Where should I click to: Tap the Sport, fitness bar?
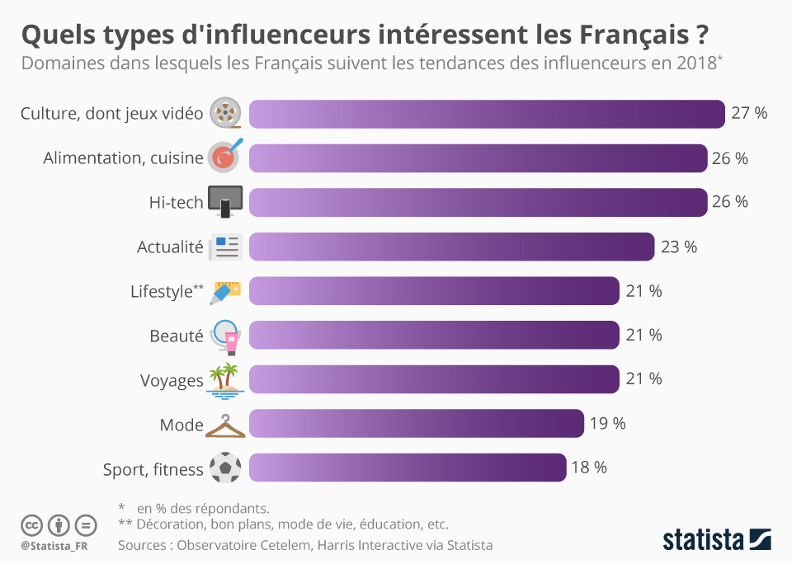(x=408, y=468)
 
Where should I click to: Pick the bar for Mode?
(x=416, y=424)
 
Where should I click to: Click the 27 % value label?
(x=749, y=114)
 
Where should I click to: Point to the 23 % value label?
(x=679, y=247)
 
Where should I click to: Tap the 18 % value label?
(x=589, y=468)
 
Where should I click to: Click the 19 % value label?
(x=607, y=424)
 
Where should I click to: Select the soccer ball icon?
(x=225, y=468)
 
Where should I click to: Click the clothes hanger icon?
(x=225, y=426)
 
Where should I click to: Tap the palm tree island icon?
(x=224, y=379)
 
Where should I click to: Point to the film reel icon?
(x=225, y=113)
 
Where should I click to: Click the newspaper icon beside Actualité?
(x=224, y=247)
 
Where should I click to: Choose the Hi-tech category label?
(x=176, y=202)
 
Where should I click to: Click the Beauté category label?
(x=176, y=336)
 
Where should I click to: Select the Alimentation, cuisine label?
(x=123, y=158)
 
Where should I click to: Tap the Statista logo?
(x=717, y=540)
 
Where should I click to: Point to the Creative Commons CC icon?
(x=31, y=524)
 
